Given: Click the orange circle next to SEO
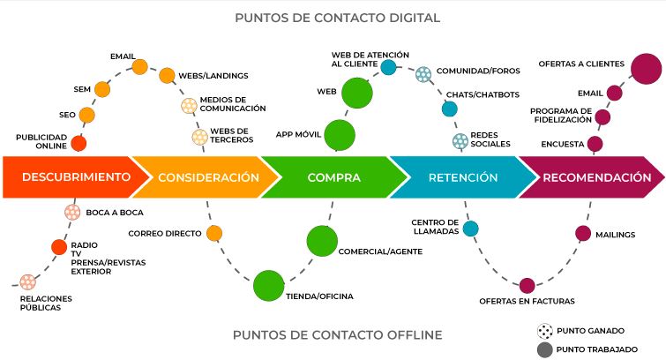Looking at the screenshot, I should [86, 116].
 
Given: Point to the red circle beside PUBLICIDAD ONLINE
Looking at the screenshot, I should [79, 143].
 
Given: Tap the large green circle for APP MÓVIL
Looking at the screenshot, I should [340, 135].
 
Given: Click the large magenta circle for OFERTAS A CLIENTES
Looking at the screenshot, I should [644, 68].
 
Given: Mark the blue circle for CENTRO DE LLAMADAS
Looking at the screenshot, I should [470, 229].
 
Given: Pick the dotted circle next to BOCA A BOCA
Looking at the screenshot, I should [72, 212].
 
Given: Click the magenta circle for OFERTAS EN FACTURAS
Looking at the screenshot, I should [527, 285].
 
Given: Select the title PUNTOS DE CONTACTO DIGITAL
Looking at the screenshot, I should [338, 18].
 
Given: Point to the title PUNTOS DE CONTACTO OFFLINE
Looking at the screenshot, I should [338, 334].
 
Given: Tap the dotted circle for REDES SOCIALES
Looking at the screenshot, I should [460, 140].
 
